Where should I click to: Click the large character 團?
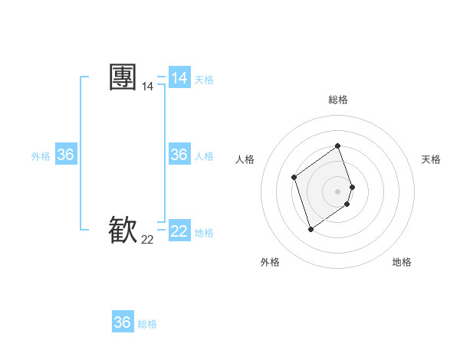pyautogui.click(x=123, y=77)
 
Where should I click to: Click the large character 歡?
pyautogui.click(x=123, y=229)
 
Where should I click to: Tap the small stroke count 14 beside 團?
pyautogui.click(x=147, y=87)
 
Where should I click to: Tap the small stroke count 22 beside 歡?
pyautogui.click(x=147, y=240)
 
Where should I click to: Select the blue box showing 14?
pyautogui.click(x=179, y=78)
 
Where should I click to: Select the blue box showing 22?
pyautogui.click(x=179, y=231)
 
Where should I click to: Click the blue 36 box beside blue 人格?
pyautogui.click(x=179, y=155)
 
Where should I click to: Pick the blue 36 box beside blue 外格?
pyautogui.click(x=65, y=155)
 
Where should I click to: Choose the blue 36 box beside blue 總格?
pyautogui.click(x=122, y=322)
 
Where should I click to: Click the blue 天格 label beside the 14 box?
pyautogui.click(x=204, y=80)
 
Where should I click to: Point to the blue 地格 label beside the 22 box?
pyautogui.click(x=204, y=233)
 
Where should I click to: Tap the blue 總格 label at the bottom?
pyautogui.click(x=147, y=324)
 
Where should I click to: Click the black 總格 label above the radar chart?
pyautogui.click(x=338, y=100)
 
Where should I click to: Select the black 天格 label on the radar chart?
pyautogui.click(x=431, y=159)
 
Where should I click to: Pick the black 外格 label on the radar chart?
pyautogui.click(x=270, y=262)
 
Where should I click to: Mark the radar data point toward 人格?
pyautogui.click(x=294, y=178)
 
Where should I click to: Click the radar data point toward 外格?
pyautogui.click(x=310, y=229)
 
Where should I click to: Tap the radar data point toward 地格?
pyautogui.click(x=347, y=204)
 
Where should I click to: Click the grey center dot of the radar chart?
pyautogui.click(x=338, y=191)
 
